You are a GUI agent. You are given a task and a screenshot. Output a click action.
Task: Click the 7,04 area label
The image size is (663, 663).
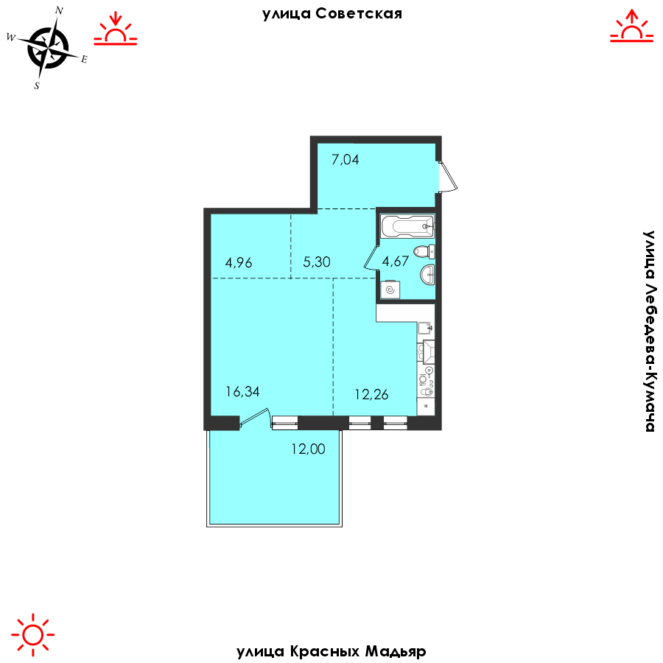345,159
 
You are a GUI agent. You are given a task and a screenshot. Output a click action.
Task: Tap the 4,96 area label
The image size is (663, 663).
239,262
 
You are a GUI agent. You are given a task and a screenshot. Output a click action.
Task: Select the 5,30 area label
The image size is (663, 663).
316,262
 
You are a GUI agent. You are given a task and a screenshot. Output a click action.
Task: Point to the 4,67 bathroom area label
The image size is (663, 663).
396,261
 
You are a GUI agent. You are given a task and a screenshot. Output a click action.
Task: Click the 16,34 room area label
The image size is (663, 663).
242,392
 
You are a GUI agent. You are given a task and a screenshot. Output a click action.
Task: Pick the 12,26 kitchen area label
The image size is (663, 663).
371,395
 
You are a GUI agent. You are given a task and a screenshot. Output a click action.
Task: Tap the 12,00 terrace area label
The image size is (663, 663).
308,449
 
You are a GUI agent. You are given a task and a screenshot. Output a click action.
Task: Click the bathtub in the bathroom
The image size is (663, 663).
407,226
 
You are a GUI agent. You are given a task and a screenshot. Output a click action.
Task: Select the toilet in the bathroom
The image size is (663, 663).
424,252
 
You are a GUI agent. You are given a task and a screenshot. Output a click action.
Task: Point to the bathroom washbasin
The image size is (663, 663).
427,274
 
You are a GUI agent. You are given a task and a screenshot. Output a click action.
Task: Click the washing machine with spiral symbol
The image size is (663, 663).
390,290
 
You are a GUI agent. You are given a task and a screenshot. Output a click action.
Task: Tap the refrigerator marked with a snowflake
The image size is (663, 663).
427,407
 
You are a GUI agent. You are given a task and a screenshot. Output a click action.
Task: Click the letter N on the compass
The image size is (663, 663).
59,11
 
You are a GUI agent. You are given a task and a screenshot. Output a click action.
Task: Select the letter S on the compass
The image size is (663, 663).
37,86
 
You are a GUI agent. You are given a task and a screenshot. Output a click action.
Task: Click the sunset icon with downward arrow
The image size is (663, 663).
116,29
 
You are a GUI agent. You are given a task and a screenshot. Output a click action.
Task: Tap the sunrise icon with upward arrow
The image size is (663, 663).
632,26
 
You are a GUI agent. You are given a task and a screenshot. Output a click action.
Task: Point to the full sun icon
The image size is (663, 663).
33,634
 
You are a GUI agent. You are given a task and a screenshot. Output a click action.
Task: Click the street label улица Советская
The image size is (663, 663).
332,15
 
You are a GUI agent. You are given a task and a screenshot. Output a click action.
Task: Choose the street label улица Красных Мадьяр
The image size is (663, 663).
331,651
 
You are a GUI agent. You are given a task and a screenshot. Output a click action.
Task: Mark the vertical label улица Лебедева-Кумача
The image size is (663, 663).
649,331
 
